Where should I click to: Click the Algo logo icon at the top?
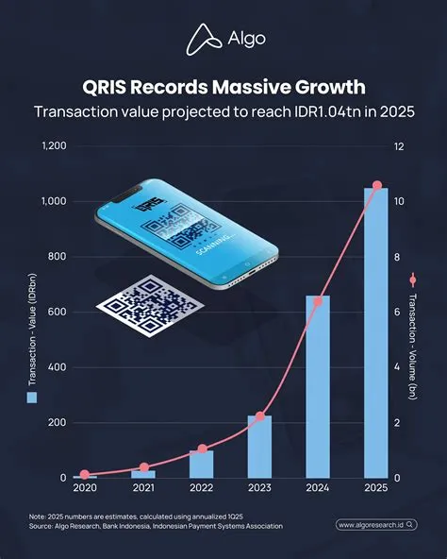197,38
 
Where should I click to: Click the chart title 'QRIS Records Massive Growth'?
223,89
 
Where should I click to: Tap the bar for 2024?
318,387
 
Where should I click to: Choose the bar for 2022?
201,464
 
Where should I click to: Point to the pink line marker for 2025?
377,185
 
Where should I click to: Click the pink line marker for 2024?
319,301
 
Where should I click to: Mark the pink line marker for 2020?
85,474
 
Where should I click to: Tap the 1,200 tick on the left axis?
55,146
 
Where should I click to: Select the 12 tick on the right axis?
399,146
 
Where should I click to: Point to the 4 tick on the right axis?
397,367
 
